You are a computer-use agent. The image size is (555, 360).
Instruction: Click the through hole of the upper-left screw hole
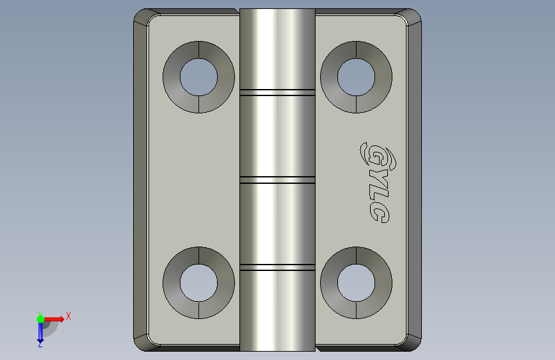coord(198,78)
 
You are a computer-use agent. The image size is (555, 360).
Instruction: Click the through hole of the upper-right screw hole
coord(356,78)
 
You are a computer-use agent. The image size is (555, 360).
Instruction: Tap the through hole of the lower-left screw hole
coord(198,282)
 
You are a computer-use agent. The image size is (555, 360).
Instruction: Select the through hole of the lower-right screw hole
coord(356,282)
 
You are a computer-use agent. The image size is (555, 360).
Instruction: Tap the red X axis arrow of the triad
coord(54,319)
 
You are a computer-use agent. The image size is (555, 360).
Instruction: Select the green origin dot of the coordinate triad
coord(40,319)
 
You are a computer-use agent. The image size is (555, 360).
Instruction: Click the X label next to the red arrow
coord(68,316)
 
